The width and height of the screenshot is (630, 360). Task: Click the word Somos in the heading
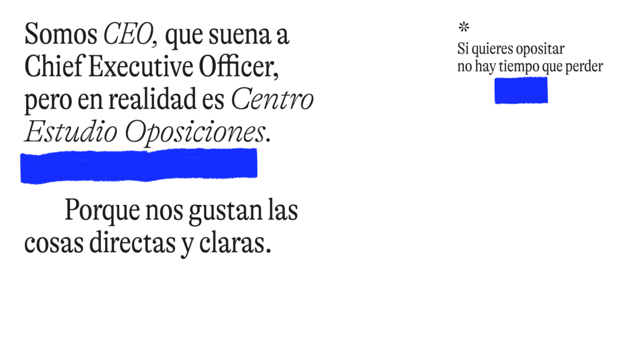[x=61, y=34]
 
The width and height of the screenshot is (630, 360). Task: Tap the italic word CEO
[x=128, y=34]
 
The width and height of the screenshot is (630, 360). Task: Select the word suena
[x=240, y=35]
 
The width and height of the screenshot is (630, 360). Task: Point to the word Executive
[x=141, y=67]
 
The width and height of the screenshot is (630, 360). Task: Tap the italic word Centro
[x=272, y=99]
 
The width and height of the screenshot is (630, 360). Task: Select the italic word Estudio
[x=71, y=131]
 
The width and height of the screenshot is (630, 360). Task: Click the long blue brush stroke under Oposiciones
[x=139, y=166]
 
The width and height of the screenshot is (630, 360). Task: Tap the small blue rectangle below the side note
[x=521, y=90]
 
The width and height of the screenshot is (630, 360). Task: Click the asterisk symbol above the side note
[x=464, y=27]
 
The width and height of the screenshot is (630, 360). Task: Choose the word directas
[x=132, y=243]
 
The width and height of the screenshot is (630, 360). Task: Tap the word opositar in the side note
[x=540, y=50]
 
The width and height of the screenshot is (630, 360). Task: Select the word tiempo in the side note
[x=519, y=67]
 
